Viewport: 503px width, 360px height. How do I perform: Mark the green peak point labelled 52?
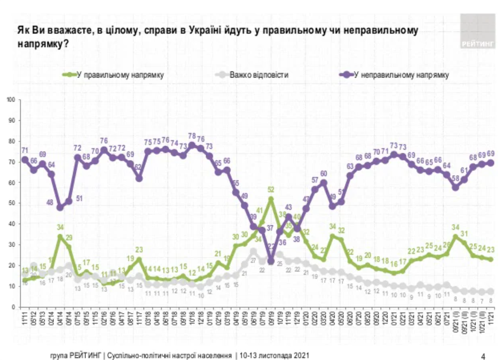pyautogui.click(x=271, y=199)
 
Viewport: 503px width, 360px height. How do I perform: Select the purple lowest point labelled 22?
pyautogui.click(x=271, y=261)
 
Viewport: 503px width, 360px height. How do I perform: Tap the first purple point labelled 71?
pyautogui.click(x=25, y=160)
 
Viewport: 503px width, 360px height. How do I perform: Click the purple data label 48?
pyautogui.click(x=50, y=202)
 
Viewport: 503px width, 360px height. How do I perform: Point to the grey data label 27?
pyautogui.click(x=254, y=261)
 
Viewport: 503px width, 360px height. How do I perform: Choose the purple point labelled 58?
pyautogui.click(x=455, y=187)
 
